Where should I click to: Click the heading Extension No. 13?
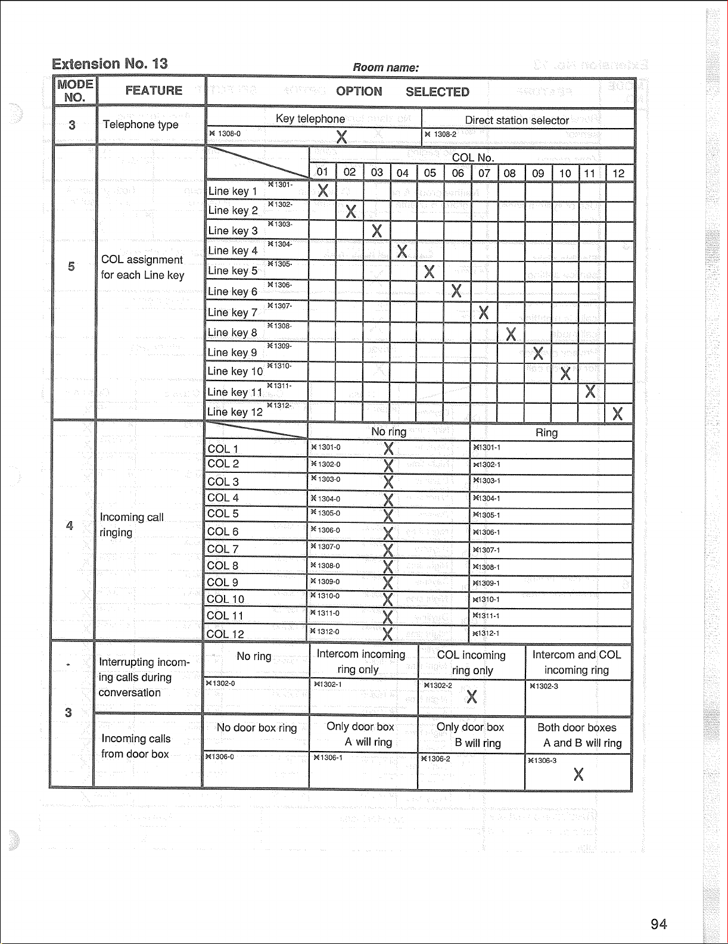110,64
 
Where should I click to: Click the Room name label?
385,67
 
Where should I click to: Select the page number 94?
658,924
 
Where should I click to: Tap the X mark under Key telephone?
341,137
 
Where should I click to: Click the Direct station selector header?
517,120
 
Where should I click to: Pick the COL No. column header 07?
484,173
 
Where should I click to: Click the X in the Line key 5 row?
429,272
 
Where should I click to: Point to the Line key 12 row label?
235,412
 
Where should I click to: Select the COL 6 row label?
223,531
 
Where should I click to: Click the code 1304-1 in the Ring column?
487,499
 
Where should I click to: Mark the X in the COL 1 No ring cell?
388,448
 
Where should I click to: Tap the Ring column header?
546,433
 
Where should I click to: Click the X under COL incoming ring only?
472,697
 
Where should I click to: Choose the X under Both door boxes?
578,774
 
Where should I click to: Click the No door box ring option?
256,728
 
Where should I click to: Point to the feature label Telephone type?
141,124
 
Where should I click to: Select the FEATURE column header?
154,91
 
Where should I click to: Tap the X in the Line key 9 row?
538,353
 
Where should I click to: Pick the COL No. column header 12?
618,173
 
